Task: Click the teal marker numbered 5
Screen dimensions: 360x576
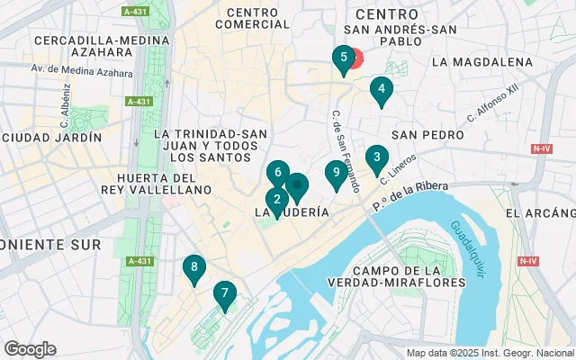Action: pos(342,59)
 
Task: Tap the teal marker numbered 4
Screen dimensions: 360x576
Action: pos(382,89)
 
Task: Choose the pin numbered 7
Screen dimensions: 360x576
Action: pos(224,293)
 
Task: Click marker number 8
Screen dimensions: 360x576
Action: pos(193,267)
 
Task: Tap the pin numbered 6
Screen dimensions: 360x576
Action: pos(278,172)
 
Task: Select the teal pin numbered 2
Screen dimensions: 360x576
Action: pos(276,201)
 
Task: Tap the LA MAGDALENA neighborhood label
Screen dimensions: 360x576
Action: pos(481,62)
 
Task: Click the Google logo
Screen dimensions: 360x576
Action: pos(30,349)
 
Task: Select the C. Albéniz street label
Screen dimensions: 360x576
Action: pos(65,107)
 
